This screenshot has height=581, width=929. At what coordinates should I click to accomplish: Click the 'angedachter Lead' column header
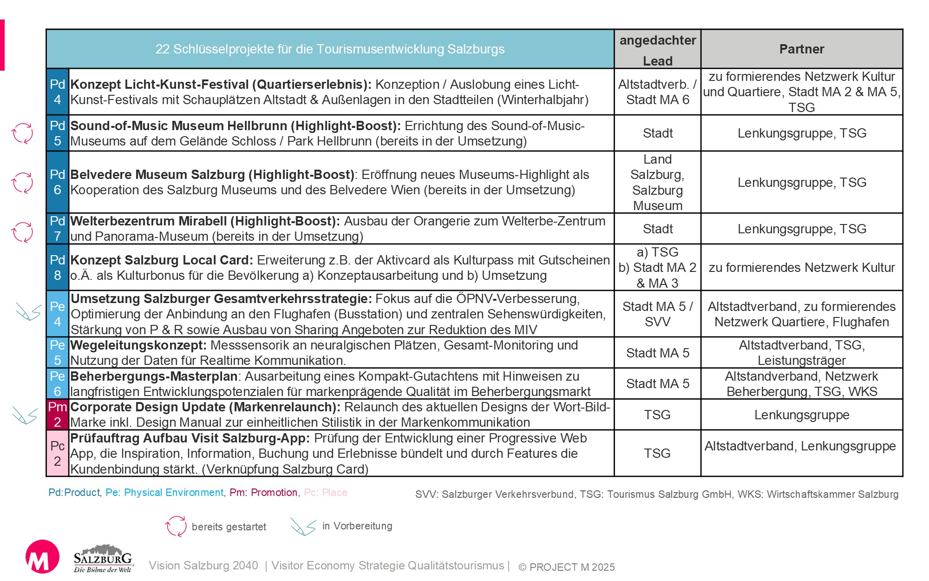point(657,50)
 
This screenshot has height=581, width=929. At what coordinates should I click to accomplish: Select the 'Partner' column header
point(802,49)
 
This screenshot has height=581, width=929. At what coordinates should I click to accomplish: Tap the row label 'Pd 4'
point(58,92)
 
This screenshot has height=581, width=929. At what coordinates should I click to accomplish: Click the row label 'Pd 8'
point(58,267)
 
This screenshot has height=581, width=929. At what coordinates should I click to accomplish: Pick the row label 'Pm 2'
point(58,414)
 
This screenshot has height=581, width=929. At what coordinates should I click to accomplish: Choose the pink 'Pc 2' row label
point(58,453)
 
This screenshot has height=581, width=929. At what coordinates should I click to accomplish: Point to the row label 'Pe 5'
point(58,352)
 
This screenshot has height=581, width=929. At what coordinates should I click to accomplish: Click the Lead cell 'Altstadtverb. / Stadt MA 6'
point(657,92)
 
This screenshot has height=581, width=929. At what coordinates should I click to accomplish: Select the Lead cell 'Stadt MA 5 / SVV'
point(657,314)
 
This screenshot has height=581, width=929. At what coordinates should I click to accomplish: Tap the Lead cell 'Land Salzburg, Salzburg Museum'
point(657,182)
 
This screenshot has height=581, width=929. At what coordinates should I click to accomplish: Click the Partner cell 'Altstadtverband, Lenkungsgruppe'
point(800,446)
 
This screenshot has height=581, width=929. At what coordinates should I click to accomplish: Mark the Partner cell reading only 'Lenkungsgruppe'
point(802,415)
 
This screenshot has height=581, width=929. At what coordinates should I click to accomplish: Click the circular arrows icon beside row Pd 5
point(22,133)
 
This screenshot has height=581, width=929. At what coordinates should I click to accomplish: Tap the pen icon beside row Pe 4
point(28,311)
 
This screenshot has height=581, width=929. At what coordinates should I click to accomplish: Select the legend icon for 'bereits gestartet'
point(176,526)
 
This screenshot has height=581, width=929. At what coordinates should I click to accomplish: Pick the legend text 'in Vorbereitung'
point(357,526)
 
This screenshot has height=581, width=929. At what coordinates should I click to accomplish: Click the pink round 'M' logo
point(42,556)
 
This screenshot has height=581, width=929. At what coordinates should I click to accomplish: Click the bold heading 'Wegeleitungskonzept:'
point(138,345)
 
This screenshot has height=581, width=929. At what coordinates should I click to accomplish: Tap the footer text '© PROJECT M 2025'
point(567,567)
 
